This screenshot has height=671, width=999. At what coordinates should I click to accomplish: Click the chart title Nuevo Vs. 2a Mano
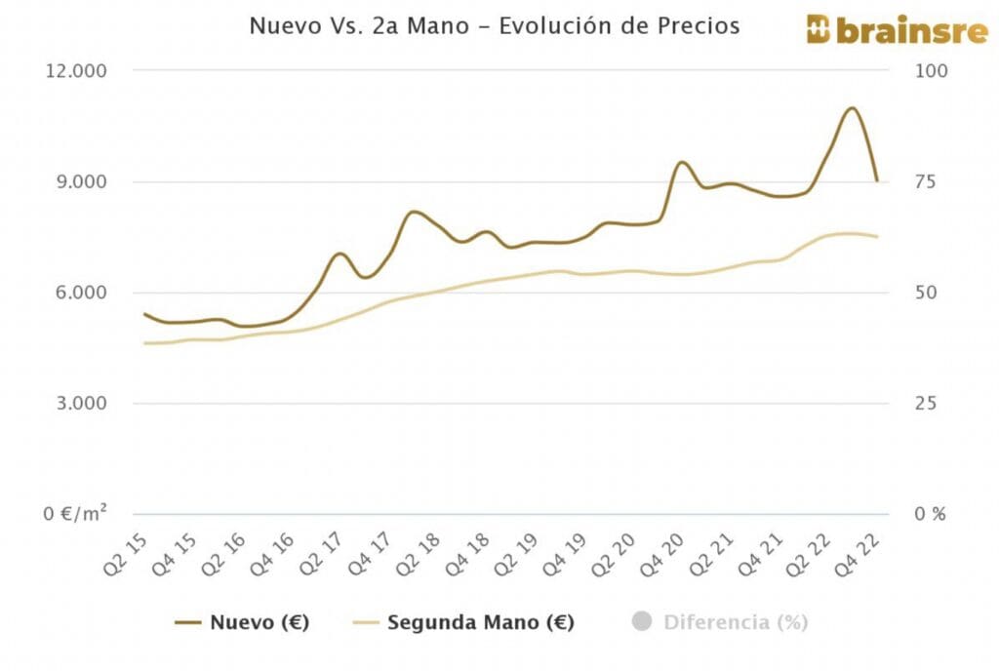click(x=494, y=26)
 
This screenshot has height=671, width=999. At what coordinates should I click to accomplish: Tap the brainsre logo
click(x=883, y=29)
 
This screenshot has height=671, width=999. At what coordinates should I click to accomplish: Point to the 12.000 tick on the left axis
click(x=75, y=71)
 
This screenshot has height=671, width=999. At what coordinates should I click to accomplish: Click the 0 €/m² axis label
click(x=76, y=514)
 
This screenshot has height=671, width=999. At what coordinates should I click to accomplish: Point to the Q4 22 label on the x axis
click(x=863, y=555)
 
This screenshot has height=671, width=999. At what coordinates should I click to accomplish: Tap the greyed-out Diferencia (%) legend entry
click(x=722, y=622)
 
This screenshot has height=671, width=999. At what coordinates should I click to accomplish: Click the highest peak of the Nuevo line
click(x=852, y=107)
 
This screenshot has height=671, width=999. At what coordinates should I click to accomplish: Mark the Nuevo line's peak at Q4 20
click(x=682, y=162)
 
